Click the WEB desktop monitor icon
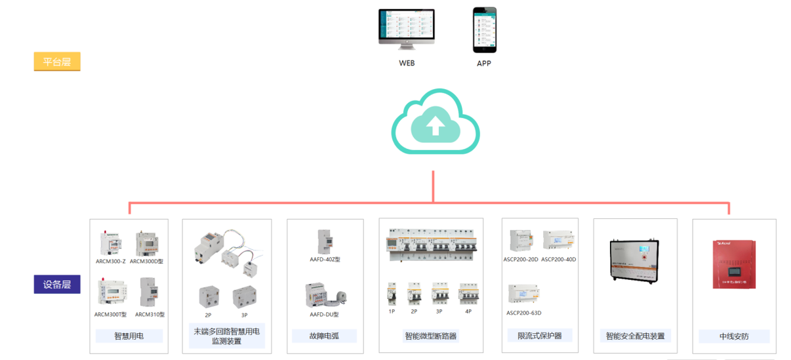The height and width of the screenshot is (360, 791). pos(406,29)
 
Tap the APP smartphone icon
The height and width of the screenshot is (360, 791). pos(485,30)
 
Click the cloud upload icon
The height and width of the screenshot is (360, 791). pos(435,123)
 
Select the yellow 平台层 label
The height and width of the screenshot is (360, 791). pos(57,62)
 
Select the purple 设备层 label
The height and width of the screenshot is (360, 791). pos(57,285)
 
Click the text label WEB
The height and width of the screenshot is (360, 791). pos(407,64)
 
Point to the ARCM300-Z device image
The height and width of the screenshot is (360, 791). pos(110,243)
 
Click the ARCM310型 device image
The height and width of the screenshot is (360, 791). pos(148,293)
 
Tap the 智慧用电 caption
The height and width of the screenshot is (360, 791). pos(129,336)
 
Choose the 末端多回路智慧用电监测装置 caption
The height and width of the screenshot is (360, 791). pos(226,336)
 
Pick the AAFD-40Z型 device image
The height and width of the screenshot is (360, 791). pos(325,241)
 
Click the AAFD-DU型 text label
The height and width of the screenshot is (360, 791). pos(324,315)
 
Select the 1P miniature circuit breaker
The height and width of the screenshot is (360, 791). pos(392,294)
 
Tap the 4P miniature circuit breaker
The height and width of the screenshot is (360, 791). pos(468,294)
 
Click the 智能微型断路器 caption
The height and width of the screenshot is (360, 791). pos(430,336)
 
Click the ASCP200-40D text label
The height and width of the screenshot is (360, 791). pos(558,260)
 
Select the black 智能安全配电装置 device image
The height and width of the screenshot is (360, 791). pos(635,264)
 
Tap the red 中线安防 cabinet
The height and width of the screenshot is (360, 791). pos(734,265)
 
